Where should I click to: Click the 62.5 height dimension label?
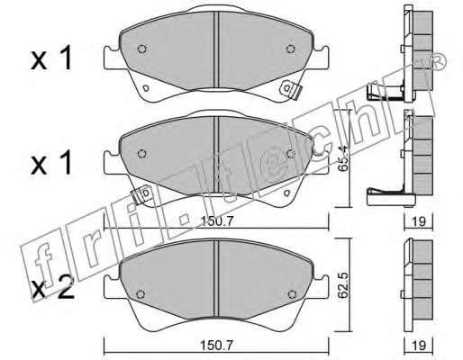(x=342, y=285)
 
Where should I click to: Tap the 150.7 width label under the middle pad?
(x=217, y=221)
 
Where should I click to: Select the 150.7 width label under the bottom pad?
(x=217, y=346)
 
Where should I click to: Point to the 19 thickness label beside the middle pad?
(x=419, y=221)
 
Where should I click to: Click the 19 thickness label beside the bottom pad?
(x=419, y=346)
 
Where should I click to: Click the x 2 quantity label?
(x=52, y=288)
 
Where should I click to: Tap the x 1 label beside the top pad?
(x=51, y=58)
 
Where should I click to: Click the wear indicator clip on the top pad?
(x=290, y=89)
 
